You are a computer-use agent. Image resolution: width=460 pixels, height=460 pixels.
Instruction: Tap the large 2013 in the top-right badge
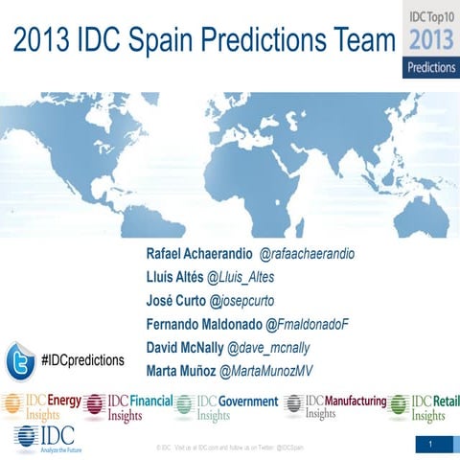coord(430,41)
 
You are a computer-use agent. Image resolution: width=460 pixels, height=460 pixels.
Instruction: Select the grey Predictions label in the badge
coord(430,68)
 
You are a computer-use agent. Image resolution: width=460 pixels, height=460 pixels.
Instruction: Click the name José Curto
coord(175,302)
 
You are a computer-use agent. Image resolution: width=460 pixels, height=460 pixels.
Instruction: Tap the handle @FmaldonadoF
coord(307,325)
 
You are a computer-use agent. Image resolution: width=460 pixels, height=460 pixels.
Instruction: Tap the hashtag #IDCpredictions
coord(83,360)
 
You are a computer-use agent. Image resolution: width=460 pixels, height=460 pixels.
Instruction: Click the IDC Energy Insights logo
coord(41,407)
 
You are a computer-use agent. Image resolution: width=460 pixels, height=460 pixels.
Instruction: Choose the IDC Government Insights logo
coord(226,407)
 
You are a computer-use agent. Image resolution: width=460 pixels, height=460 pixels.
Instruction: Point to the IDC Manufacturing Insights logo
coord(334,406)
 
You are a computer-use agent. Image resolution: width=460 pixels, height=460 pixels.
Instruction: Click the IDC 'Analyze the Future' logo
coord(42,438)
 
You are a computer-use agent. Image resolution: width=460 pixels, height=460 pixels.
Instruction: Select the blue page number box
coord(432,445)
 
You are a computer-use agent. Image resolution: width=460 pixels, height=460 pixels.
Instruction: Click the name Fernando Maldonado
coord(204,325)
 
